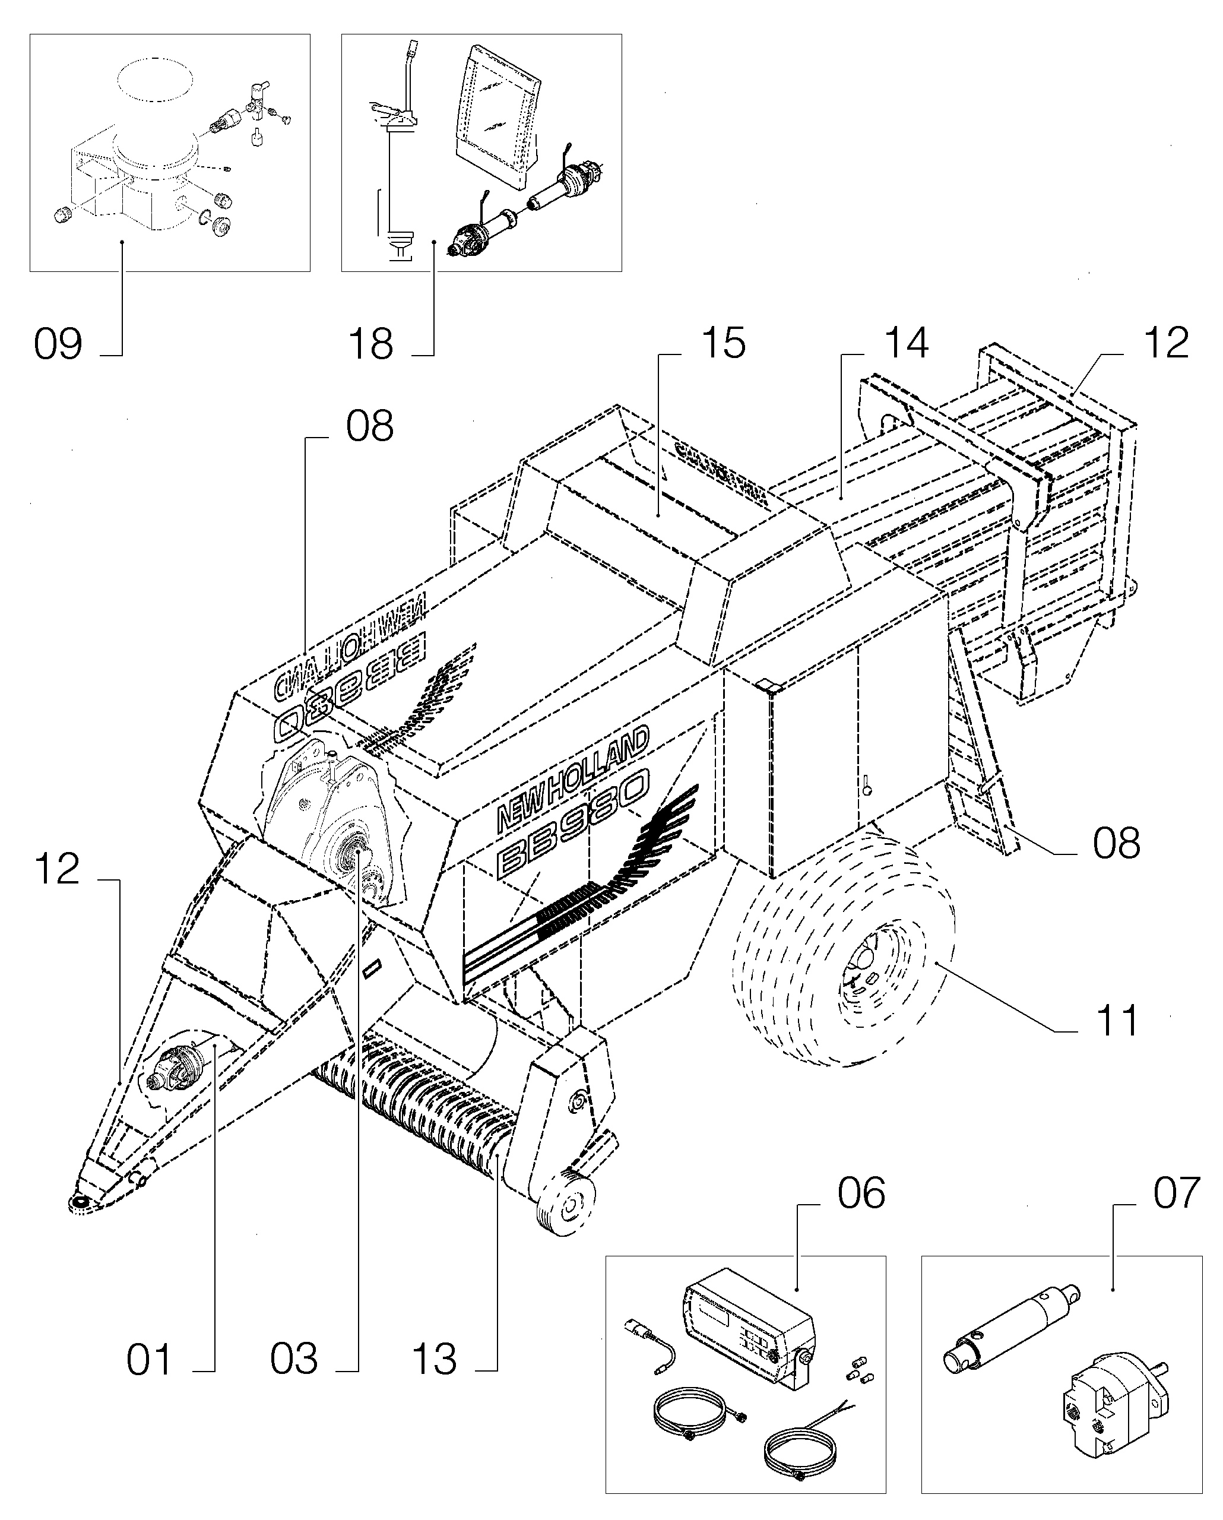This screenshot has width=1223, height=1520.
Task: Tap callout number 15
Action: coord(723,343)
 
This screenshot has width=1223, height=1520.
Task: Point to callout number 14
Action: coord(906,343)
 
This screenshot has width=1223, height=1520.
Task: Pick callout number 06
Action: coord(861,1193)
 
